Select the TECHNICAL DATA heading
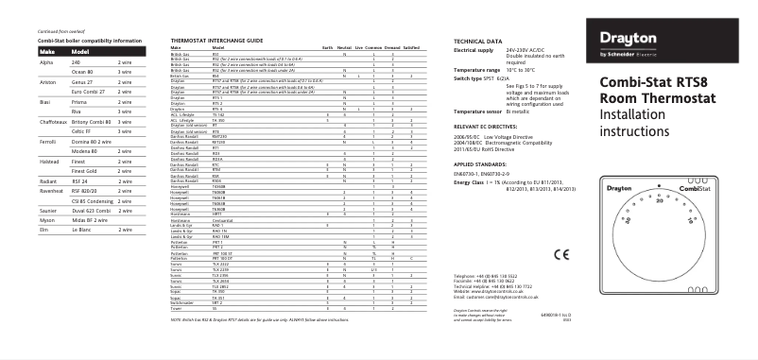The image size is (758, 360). [478, 42]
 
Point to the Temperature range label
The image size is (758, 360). [477, 70]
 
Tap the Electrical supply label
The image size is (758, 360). [474, 49]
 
